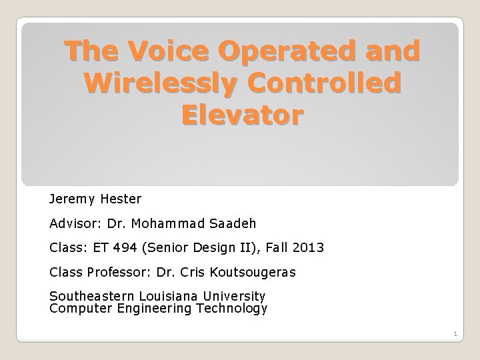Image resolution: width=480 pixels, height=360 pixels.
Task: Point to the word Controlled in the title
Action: point(331,85)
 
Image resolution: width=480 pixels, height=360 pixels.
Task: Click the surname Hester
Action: point(122,199)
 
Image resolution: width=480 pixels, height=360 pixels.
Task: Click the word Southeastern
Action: point(91,295)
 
